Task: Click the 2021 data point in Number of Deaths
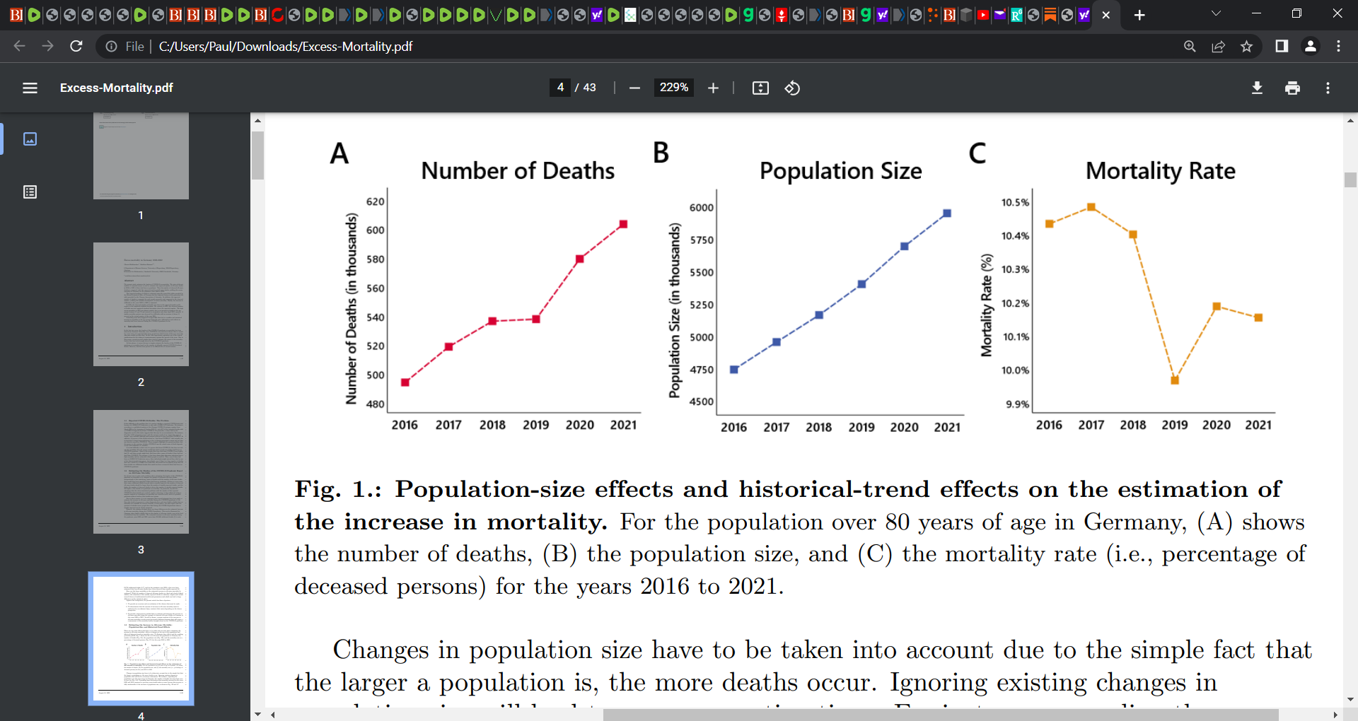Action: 623,224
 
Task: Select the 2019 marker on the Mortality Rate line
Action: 1175,380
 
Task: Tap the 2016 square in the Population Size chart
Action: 734,370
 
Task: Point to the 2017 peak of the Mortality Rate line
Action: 1091,207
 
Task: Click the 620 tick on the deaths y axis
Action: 375,201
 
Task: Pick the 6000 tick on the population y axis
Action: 701,207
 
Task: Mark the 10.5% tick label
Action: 1015,202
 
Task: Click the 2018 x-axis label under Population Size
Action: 818,427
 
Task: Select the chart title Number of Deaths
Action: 518,171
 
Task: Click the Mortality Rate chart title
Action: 1160,171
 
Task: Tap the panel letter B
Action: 661,153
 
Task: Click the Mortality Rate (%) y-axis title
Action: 986,305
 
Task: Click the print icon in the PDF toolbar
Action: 1292,88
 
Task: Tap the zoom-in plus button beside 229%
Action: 713,88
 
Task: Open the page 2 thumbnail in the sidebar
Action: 141,304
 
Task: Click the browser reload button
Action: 76,46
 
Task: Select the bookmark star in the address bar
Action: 1246,46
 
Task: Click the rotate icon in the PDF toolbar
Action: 792,88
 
